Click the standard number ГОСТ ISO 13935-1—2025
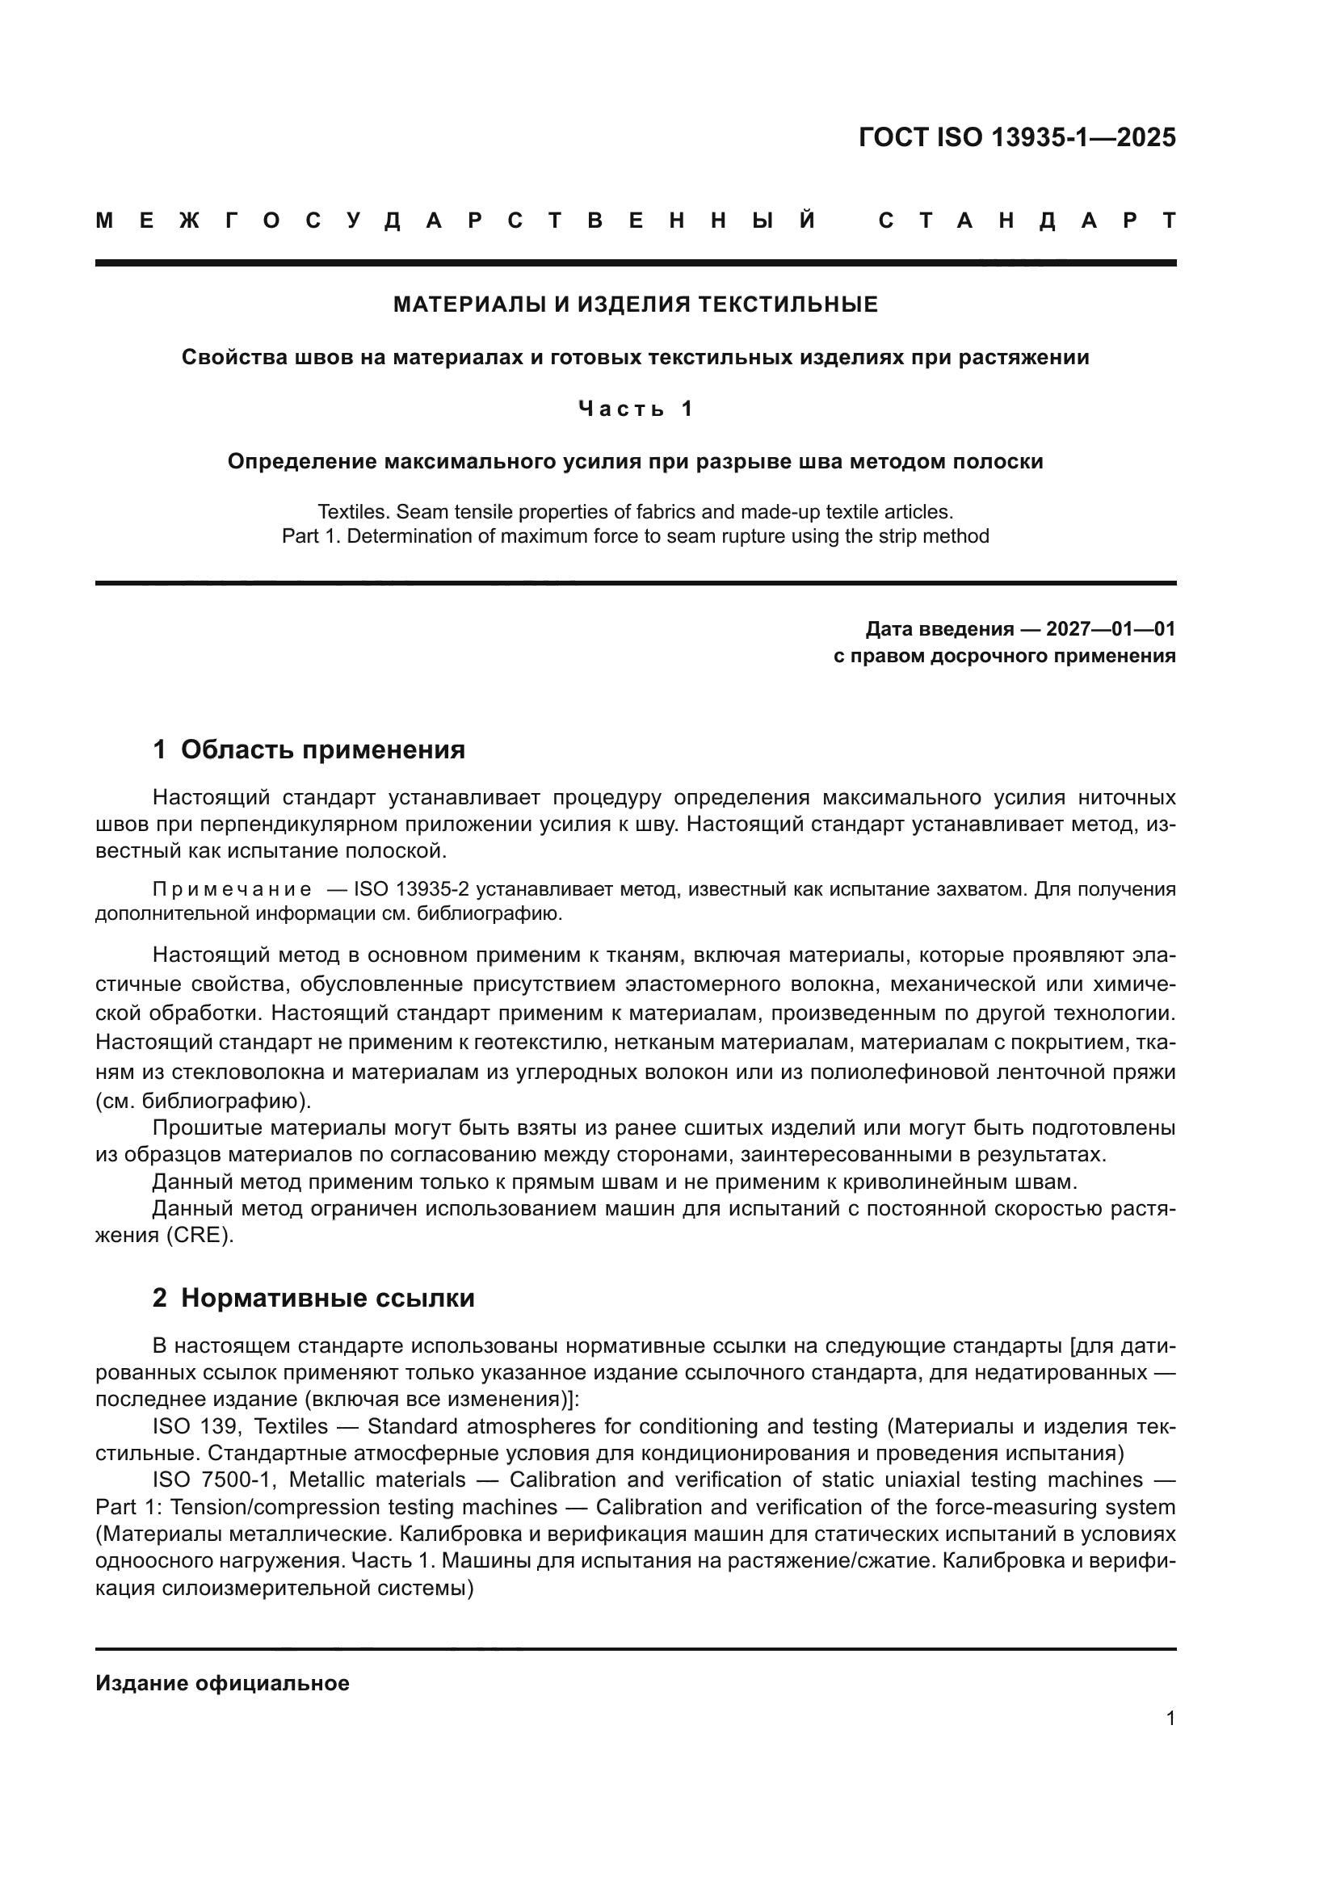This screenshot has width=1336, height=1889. (1017, 137)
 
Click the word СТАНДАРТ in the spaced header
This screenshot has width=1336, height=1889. (1027, 220)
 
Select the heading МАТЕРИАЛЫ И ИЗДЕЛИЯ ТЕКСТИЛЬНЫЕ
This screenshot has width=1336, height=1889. (635, 305)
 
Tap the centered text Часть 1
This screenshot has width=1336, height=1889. (635, 409)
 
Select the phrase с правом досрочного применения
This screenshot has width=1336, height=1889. (1004, 656)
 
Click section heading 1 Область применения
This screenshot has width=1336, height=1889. (309, 749)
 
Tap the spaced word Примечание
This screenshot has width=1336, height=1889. (232, 889)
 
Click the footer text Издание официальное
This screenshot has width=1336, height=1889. (222, 1683)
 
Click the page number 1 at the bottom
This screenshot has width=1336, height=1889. (1170, 1718)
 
